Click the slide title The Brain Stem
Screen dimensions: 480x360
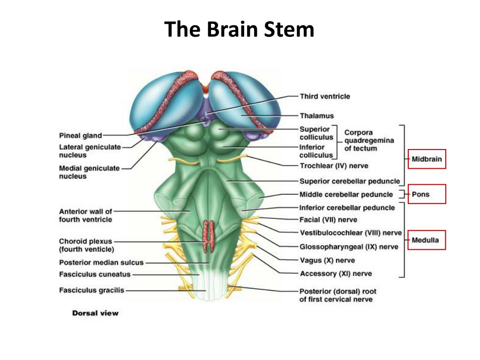[239, 30]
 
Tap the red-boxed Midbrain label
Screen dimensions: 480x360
[427, 159]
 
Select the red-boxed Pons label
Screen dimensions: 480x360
[427, 194]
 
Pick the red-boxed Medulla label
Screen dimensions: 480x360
[427, 240]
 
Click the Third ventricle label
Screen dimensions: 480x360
[325, 97]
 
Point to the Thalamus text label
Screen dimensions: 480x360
[316, 116]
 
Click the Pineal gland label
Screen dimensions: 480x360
[80, 135]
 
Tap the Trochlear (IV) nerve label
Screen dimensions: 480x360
[334, 166]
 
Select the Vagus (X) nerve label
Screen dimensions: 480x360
[327, 261]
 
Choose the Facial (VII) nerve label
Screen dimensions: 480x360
[328, 220]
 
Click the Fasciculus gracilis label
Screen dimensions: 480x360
[91, 290]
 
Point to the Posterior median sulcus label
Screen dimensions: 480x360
[101, 262]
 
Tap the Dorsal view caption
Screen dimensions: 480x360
[95, 313]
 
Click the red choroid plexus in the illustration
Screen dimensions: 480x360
[208, 236]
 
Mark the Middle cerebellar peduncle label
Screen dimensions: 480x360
[346, 195]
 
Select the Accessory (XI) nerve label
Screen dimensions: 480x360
[336, 274]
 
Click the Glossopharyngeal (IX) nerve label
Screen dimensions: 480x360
[349, 247]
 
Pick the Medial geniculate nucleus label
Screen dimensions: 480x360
[89, 172]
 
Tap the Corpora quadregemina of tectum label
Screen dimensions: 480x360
[369, 141]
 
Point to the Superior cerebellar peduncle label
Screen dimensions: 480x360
[350, 181]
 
